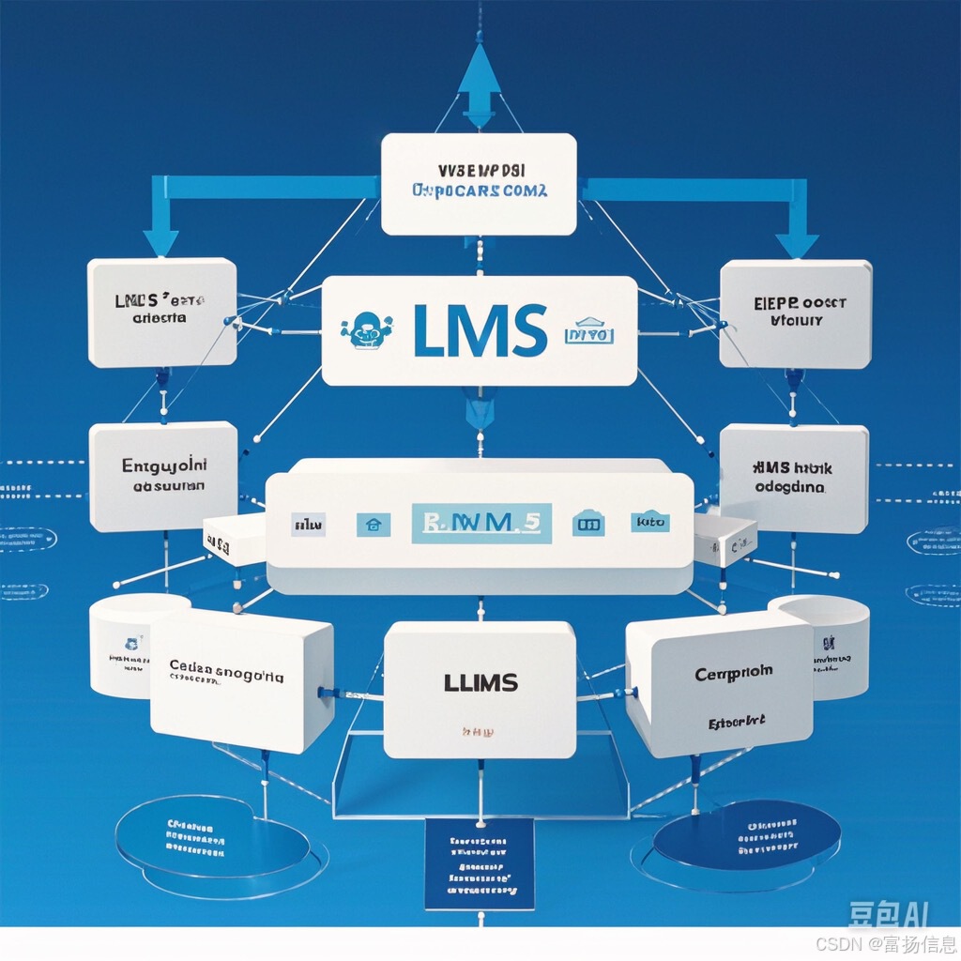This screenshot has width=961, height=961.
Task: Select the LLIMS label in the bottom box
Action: point(480,682)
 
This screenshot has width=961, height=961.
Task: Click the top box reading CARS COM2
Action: point(480,184)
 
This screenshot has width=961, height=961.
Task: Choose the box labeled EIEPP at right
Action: point(795,313)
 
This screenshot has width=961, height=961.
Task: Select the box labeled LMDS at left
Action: point(161,312)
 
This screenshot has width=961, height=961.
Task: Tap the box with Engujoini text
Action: point(162,476)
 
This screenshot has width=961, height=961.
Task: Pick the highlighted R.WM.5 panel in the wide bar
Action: point(481,523)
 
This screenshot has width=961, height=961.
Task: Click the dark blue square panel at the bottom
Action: point(479,862)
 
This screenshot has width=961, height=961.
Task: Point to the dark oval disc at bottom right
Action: point(747,835)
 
